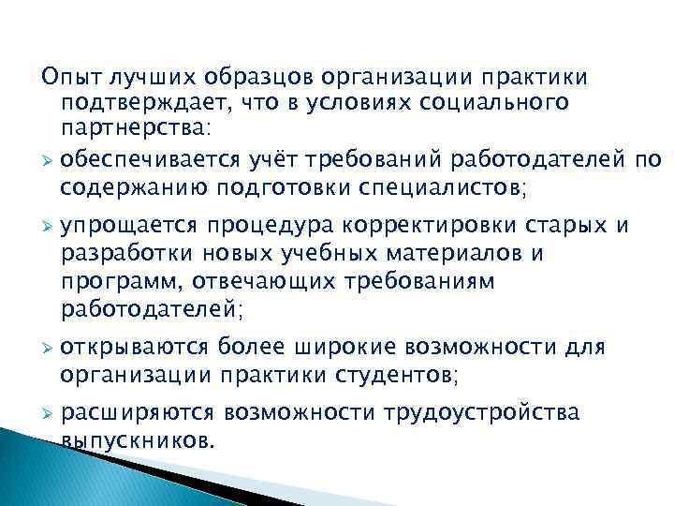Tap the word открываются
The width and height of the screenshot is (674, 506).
(x=133, y=349)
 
